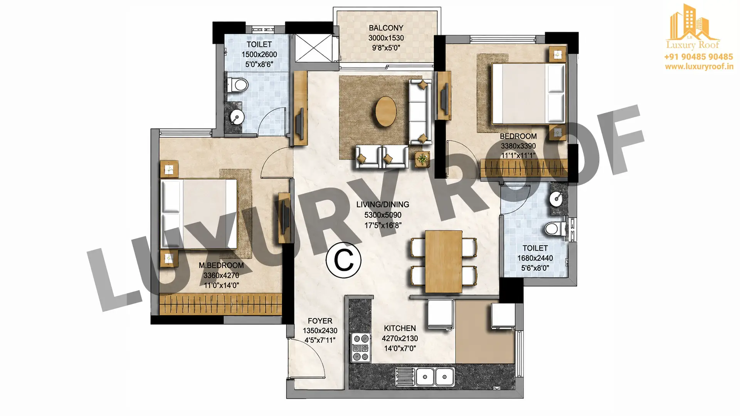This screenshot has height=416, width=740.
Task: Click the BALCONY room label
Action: tap(386, 28)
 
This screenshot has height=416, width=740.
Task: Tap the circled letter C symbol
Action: tap(343, 260)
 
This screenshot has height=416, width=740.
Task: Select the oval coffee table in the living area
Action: tap(385, 111)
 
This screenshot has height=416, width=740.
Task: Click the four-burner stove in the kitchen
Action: tap(360, 348)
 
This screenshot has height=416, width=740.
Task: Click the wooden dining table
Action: tap(444, 262)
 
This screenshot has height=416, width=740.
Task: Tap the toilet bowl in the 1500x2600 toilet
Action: tap(237, 84)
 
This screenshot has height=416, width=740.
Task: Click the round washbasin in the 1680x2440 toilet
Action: tap(557, 199)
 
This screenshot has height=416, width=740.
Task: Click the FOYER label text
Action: tap(320, 321)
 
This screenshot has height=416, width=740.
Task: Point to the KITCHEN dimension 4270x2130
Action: tap(400, 339)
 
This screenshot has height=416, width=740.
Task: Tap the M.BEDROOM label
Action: tap(221, 265)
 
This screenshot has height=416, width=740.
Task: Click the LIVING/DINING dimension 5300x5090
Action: tap(383, 215)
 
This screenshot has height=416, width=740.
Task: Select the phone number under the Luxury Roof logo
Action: tap(698, 57)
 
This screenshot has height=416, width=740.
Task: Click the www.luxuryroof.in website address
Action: tap(699, 66)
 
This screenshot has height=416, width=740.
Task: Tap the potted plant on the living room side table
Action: tap(423, 159)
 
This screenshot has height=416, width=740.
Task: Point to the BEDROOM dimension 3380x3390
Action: tap(518, 146)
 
